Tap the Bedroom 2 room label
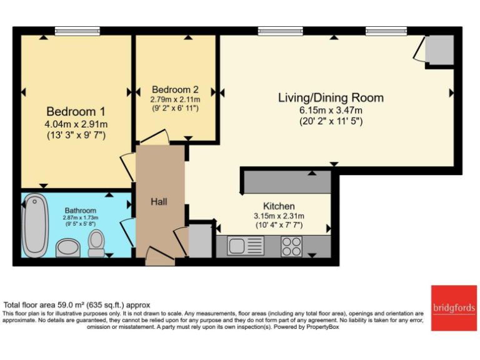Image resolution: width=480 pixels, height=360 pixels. coord(175,89)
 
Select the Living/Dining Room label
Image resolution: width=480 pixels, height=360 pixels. coord(331,97)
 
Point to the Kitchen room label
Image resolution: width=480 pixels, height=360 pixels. coord(279,206)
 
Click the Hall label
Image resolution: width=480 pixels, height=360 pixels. coord(159,201)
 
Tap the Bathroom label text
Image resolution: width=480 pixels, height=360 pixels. coord(80,211)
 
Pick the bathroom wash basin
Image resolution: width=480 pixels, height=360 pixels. coord(67,248)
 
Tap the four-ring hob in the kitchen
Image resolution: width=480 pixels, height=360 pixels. coord(291,246)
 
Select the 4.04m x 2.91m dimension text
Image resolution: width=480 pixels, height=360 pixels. coord(76,124)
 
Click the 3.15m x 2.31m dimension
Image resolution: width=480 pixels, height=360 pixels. coord(279,216)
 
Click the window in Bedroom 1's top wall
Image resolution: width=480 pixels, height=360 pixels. coord(69,31)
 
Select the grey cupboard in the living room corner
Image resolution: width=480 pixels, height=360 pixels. coord(439,51)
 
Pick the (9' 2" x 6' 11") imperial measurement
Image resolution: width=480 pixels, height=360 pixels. coord(175,109)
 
